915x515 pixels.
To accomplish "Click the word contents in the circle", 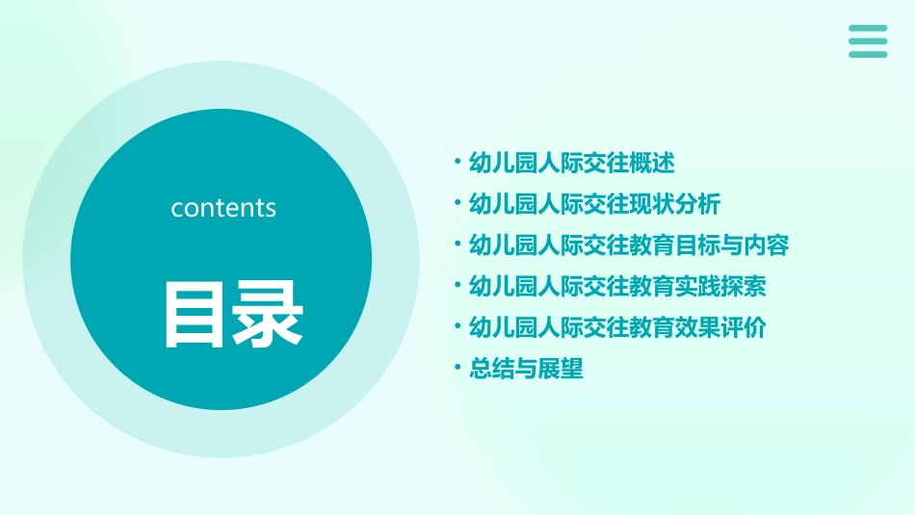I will (223, 208).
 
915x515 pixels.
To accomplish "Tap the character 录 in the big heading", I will (267, 314).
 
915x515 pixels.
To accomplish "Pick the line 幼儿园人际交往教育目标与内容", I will (628, 245).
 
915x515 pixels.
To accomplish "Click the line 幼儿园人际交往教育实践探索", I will (617, 286).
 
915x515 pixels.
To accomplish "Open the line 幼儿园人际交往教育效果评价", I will (617, 327).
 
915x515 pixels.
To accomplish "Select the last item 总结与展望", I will (526, 369).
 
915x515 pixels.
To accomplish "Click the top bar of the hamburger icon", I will (868, 28).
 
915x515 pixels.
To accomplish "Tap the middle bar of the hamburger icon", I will (868, 41).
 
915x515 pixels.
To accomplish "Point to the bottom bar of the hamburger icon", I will (868, 54).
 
